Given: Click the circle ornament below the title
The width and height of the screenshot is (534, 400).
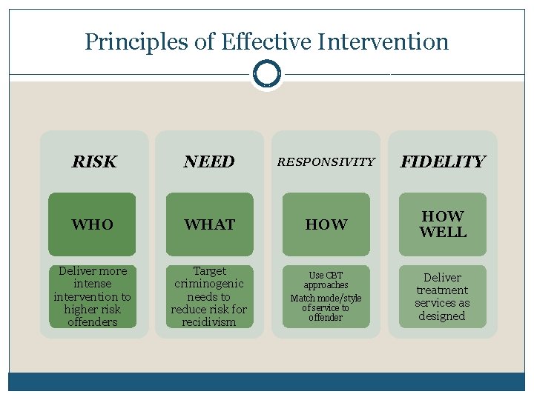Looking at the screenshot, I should (266, 74).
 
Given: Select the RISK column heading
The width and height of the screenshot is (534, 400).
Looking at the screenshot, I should (94, 161).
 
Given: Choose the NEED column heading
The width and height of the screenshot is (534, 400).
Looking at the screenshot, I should (209, 161).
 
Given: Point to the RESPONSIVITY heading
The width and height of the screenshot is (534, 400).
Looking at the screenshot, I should (326, 161).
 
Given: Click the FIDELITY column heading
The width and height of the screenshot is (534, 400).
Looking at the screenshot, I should (442, 161).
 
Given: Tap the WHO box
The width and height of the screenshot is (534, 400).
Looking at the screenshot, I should (93, 224).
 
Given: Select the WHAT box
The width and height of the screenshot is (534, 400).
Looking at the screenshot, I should (209, 224).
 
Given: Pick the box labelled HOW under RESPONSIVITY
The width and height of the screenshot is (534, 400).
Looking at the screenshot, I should (326, 224).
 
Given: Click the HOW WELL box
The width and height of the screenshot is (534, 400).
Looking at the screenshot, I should (443, 224).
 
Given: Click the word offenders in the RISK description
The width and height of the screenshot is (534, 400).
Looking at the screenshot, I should (93, 322).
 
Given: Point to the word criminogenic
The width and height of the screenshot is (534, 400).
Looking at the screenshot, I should (209, 284).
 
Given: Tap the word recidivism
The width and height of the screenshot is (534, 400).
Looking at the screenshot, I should (209, 322).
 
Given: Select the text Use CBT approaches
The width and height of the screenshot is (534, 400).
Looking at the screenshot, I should (326, 280).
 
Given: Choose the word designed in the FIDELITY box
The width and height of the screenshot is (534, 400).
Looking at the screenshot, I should (442, 316).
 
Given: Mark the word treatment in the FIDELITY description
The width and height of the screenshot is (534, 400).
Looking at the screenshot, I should (442, 290).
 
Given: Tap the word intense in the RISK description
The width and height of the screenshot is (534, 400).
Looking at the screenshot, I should (93, 284).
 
